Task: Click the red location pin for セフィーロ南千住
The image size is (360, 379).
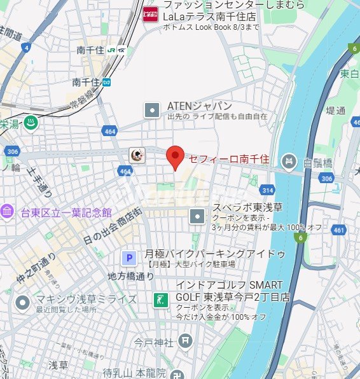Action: [175, 156]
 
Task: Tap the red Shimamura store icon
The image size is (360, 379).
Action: [150, 13]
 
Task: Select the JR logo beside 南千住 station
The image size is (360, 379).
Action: [111, 50]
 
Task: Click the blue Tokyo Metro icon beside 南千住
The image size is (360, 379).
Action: [107, 82]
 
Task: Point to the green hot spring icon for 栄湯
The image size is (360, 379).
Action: [29, 123]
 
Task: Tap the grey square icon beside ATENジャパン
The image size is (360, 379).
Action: [153, 111]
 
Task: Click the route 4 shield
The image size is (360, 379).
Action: [25, 48]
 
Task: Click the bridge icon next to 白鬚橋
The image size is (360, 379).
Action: [289, 162]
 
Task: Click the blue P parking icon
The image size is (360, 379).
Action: [129, 258]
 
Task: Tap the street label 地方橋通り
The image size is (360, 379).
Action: [131, 276]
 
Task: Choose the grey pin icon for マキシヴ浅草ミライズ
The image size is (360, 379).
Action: [23, 302]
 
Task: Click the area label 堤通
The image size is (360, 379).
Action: [335, 111]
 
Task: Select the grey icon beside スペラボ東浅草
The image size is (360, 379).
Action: [198, 217]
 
